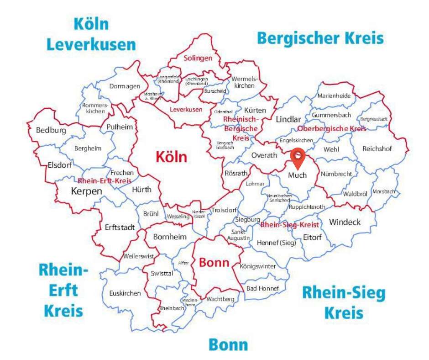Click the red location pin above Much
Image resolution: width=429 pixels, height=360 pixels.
tap(298, 158)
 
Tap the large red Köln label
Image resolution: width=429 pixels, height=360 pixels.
tap(171, 157)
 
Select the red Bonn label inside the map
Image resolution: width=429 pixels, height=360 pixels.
tap(214, 263)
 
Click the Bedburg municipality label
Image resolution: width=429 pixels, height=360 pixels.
tap(51, 131)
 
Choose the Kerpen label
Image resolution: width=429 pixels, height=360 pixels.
tap(86, 191)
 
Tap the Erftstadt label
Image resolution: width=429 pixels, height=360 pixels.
tap(120, 227)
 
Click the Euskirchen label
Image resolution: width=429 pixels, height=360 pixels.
tap(125, 293)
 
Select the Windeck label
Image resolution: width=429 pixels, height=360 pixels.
tap(345, 222)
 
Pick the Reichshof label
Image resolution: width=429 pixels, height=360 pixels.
tap(377, 149)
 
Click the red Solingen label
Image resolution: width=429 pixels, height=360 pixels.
tap(198, 58)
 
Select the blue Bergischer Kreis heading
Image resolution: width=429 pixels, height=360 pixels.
tap(320, 38)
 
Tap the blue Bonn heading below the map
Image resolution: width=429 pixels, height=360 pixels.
tap(228, 345)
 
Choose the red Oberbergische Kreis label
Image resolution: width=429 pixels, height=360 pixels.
tap(332, 129)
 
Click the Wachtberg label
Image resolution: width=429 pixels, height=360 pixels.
tap(220, 299)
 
